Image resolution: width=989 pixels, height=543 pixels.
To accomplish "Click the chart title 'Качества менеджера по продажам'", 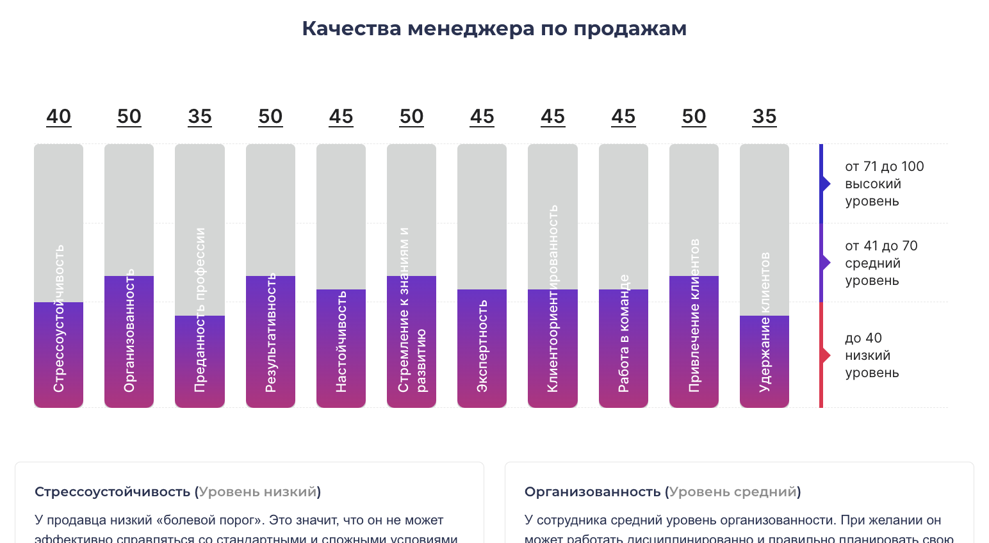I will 494,29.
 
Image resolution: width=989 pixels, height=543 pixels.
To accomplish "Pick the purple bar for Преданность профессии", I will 199,361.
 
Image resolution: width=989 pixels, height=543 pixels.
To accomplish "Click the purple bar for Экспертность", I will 482,348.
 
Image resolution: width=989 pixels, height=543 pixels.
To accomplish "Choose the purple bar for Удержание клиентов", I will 764,361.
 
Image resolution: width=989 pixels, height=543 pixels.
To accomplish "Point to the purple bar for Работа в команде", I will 623,348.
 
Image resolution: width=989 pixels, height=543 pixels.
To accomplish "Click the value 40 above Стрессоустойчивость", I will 58,117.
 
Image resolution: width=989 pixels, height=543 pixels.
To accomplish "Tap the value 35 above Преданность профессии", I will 200,117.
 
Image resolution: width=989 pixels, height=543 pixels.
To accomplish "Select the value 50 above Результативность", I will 270,117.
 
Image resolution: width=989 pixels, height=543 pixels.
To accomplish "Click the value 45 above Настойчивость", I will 341,117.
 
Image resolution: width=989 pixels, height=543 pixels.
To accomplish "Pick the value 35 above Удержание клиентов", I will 764,117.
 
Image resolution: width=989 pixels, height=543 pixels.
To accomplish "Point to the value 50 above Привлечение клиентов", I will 694,117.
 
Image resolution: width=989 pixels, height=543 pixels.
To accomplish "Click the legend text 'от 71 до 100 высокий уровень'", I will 884,184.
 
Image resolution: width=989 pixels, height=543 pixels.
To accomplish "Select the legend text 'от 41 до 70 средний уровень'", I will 881,263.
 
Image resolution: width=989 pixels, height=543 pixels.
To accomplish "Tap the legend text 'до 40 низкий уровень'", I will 871,355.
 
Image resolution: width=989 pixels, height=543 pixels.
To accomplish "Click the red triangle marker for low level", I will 826,355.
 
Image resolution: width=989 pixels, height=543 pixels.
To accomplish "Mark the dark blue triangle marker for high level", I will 826,184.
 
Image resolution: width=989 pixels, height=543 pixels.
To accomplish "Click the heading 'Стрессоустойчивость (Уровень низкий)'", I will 177,492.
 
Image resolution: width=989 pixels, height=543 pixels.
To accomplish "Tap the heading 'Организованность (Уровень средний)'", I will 662,492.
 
